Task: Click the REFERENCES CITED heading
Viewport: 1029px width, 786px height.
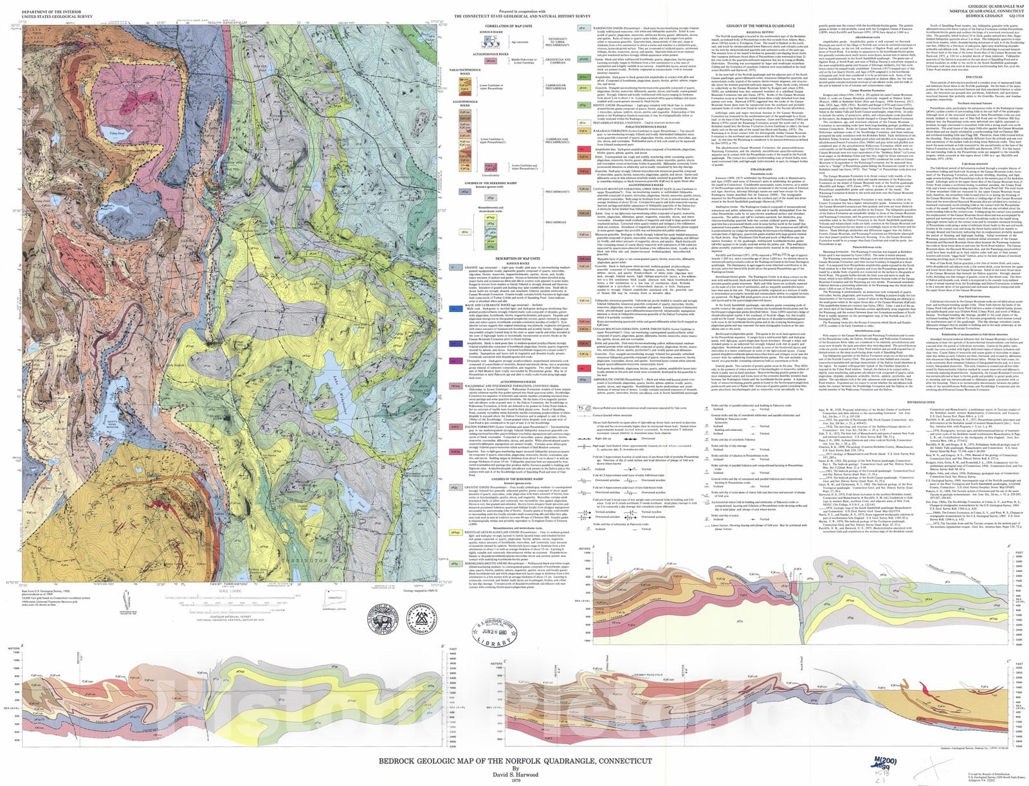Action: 955,401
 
